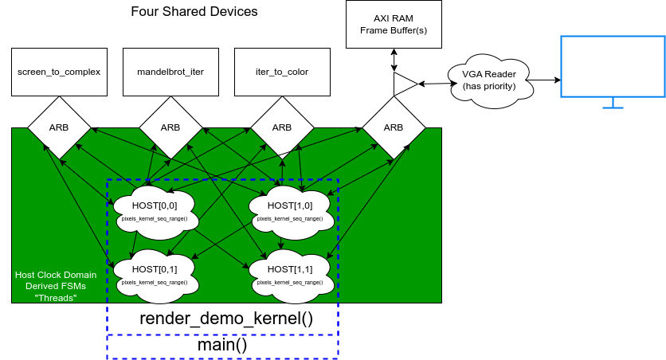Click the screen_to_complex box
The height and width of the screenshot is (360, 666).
tap(59, 72)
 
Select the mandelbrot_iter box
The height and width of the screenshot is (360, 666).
tap(170, 72)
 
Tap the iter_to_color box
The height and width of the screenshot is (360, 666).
tap(282, 72)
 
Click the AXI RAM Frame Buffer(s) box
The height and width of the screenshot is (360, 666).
tap(393, 25)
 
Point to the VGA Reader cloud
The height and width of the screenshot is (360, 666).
tap(488, 80)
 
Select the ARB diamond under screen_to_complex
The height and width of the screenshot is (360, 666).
tap(59, 127)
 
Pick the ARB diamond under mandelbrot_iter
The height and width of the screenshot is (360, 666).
tap(170, 127)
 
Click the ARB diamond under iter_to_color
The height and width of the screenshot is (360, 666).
tap(282, 127)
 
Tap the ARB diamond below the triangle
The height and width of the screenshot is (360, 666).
tap(394, 127)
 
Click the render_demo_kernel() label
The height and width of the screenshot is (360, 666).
tap(226, 319)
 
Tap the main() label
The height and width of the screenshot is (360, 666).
tap(222, 346)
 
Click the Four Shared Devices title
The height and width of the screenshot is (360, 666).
tap(194, 12)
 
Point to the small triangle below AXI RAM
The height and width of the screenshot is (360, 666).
tap(402, 84)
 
